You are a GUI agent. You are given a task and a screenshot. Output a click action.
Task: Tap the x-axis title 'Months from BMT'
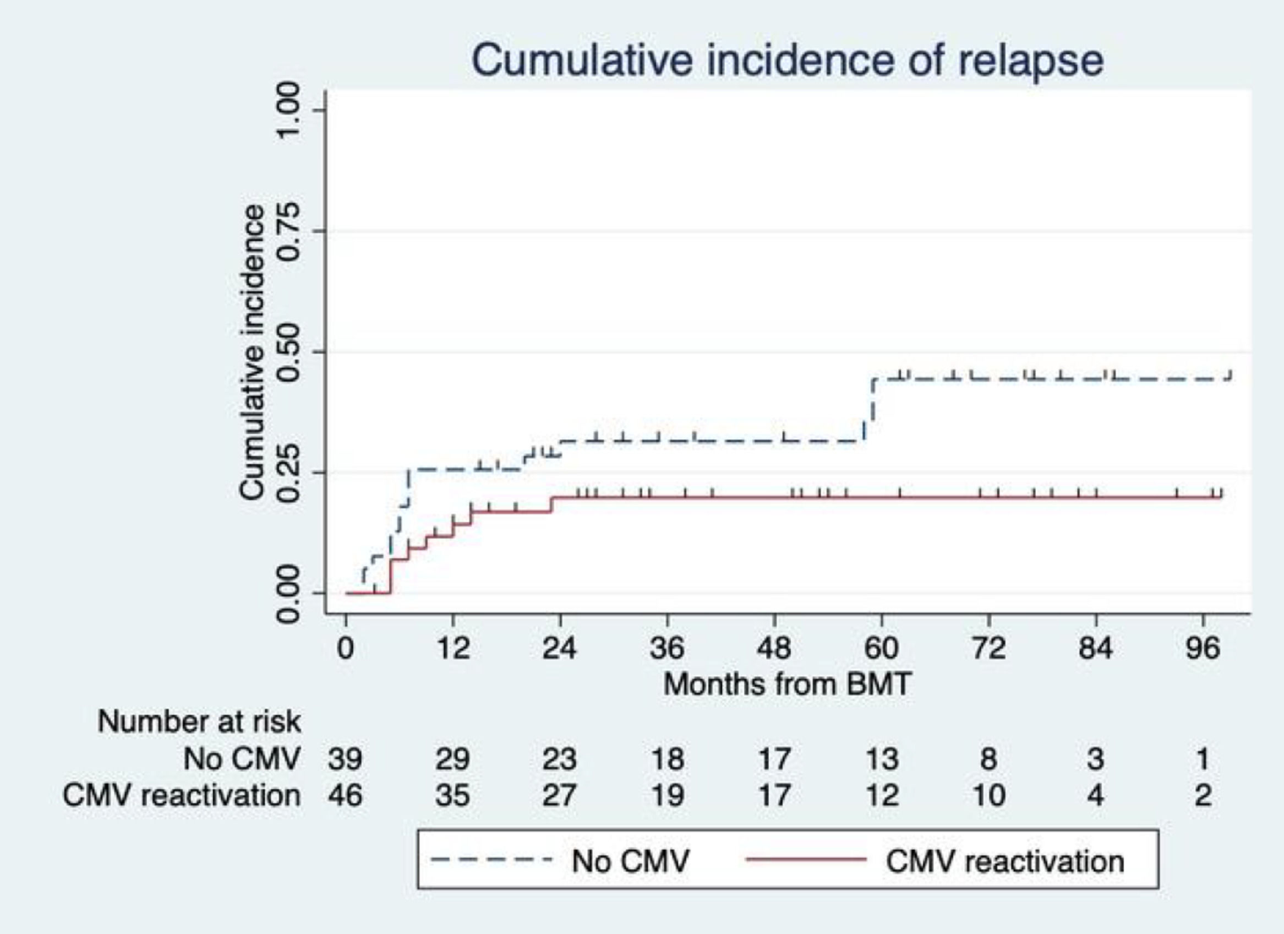[788, 684]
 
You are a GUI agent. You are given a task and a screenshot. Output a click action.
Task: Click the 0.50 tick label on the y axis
[289, 352]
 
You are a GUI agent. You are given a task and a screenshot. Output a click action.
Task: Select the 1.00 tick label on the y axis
[289, 110]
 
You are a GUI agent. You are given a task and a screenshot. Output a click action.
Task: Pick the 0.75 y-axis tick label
[289, 231]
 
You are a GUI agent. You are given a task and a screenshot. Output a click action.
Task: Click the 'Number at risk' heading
[199, 721]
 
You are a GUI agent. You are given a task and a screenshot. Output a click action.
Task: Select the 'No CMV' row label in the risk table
[241, 759]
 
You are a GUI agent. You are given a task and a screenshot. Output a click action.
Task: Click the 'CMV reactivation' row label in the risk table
[181, 795]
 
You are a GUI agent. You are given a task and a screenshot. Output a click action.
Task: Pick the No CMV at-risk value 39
[345, 759]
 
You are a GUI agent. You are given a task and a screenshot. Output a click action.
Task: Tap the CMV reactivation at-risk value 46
[345, 795]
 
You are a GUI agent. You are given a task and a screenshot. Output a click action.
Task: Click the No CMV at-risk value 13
[882, 759]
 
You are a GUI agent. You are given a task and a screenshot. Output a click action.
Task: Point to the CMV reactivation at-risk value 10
[988, 795]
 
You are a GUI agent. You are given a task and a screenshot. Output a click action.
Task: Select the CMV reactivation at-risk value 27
[559, 795]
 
